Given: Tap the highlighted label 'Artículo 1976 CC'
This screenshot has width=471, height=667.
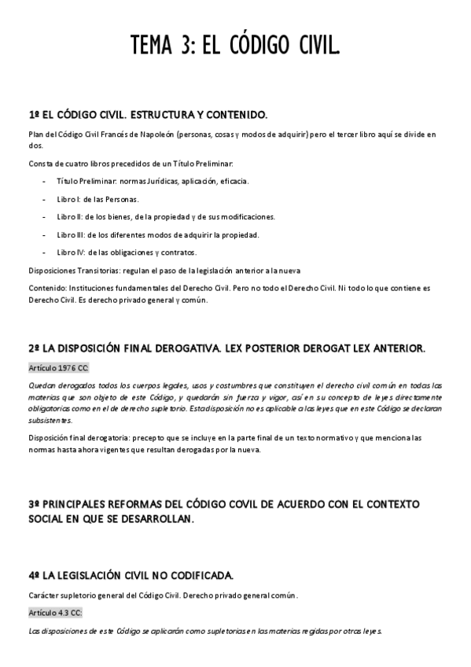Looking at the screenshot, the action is coord(58,367).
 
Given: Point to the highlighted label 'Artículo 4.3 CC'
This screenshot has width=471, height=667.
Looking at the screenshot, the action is coord(55,612).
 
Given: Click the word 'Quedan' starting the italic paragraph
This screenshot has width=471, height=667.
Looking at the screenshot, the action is coord(41,385).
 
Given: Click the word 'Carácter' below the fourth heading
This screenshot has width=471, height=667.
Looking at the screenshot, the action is coord(44,594).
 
